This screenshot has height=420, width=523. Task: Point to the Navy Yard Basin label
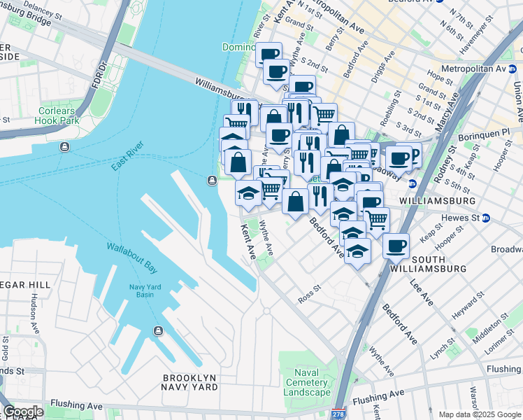[146, 290]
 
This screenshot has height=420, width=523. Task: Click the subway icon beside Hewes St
[486, 218]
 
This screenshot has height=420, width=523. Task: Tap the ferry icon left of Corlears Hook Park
[64, 146]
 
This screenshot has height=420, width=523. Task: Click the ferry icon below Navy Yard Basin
[159, 330]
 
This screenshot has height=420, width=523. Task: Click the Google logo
[22, 412]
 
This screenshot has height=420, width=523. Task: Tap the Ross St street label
[308, 288]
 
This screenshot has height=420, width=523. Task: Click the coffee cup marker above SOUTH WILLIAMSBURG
[396, 247]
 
